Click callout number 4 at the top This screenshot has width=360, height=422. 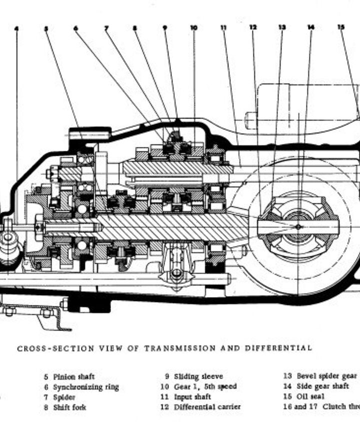coord(16,28)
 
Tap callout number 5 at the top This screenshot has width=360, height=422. coord(46,28)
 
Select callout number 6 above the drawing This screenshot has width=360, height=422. coord(75,28)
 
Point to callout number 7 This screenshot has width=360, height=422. coord(105,28)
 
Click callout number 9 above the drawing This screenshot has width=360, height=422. coord(164,28)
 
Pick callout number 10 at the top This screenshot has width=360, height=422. coord(194,28)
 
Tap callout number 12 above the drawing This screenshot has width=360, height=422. coord(253,28)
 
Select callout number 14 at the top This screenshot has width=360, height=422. coord(311,28)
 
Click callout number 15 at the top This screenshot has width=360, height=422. coord(341,28)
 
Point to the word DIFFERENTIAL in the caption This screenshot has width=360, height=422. coord(278,348)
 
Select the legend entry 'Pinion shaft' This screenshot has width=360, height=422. coord(73,377)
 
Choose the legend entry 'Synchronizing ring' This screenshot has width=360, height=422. coord(85,387)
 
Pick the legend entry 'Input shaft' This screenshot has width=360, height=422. coord(192,397)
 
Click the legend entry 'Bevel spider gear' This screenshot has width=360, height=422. coord(326,376)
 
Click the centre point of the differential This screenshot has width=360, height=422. coord(298,227)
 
